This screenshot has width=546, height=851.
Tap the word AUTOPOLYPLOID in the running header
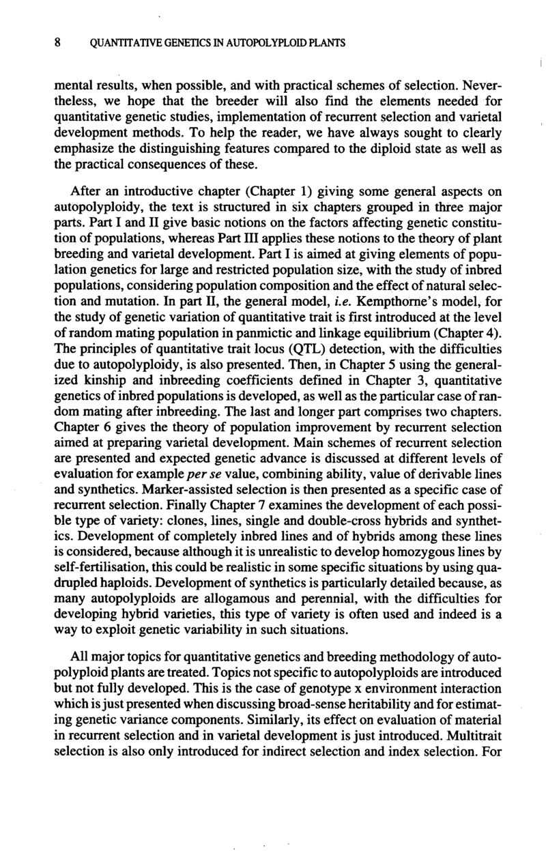pos(272,43)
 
